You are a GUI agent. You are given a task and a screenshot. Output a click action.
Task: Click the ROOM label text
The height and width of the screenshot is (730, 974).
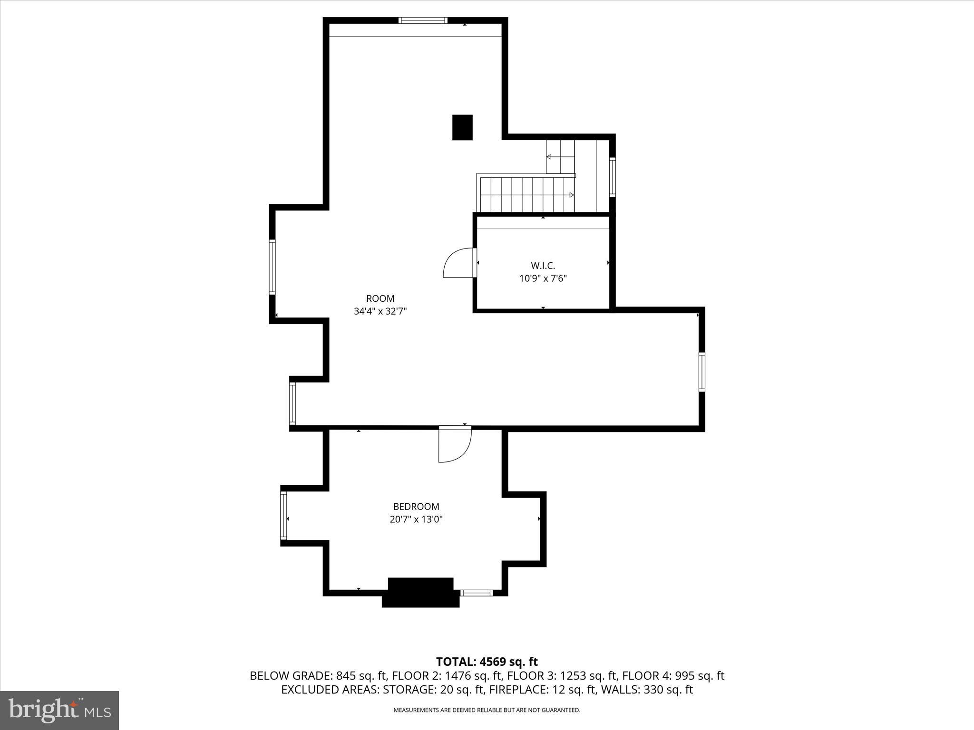click(380, 298)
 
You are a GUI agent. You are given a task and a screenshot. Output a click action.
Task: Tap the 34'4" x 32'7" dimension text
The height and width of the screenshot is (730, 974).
click(380, 311)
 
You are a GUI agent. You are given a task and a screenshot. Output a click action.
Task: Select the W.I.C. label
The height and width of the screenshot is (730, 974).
click(543, 266)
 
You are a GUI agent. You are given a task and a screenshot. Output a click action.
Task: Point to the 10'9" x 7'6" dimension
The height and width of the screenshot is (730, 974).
click(543, 278)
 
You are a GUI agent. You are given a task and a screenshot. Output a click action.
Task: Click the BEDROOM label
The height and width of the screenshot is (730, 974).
click(416, 507)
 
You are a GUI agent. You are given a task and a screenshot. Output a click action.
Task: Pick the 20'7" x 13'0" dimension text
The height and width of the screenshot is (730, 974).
click(416, 519)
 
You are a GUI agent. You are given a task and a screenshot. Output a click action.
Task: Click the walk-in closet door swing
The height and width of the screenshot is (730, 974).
click(457, 264)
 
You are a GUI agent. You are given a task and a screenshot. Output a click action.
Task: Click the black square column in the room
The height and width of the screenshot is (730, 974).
click(462, 127)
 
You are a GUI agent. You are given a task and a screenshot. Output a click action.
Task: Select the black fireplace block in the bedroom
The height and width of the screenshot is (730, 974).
click(420, 592)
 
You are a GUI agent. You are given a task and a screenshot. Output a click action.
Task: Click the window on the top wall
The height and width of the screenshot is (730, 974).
click(422, 20)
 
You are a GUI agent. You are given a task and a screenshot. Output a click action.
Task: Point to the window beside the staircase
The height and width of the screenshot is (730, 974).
click(613, 177)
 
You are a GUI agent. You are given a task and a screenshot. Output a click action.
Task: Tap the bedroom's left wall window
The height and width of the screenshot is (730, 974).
click(284, 516)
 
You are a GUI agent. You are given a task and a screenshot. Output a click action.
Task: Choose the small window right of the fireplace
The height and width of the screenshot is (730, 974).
click(476, 593)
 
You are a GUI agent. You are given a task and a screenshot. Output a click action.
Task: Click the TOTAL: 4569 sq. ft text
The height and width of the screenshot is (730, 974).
click(487, 662)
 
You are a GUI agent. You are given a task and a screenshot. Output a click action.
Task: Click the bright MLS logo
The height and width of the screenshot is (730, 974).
click(59, 710)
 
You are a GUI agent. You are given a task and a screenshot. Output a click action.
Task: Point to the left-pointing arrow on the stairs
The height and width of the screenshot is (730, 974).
click(549, 156)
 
